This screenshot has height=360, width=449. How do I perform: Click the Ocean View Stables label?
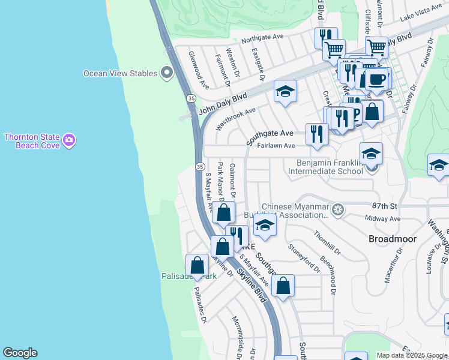(x=120, y=73)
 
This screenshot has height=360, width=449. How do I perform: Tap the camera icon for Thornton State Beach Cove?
(x=70, y=140)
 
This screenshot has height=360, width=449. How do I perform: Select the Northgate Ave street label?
(x=262, y=37)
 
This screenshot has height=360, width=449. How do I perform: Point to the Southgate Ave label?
(x=270, y=133)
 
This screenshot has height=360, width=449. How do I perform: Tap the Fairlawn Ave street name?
(x=276, y=146)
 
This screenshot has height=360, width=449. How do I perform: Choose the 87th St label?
(x=385, y=205)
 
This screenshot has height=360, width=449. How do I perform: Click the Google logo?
(x=20, y=353)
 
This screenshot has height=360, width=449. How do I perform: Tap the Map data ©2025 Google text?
(x=411, y=355)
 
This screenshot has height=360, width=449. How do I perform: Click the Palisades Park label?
(x=188, y=277)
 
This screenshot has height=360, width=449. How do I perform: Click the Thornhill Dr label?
(x=327, y=242)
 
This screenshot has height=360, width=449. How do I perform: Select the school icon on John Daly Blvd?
(x=285, y=92)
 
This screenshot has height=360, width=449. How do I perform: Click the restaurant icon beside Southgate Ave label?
(x=316, y=134)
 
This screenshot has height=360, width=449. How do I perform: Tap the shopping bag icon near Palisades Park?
(x=197, y=265)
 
